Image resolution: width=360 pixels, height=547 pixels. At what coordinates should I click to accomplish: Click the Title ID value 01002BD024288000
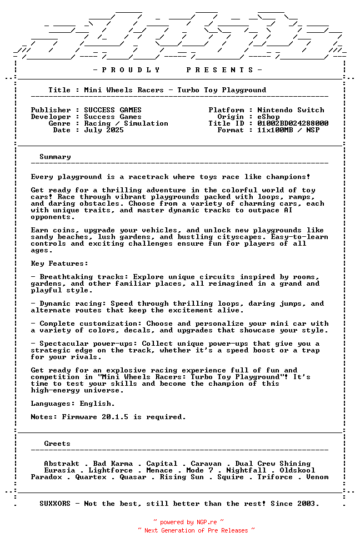coord(293,123)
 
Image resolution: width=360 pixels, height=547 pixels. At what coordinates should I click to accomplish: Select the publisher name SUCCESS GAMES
coord(113,110)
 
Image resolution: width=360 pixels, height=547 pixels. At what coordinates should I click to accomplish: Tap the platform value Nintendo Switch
coord(291,110)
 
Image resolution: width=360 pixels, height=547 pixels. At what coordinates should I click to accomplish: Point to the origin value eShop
coord(268,117)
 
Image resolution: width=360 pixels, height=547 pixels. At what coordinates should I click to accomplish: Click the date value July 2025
coord(104,130)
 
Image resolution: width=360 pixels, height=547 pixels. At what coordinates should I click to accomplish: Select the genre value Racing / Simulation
coord(126,123)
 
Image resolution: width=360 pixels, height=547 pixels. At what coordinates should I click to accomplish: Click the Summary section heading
coord(55,157)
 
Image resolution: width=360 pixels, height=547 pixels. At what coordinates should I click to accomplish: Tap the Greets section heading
coord(57,444)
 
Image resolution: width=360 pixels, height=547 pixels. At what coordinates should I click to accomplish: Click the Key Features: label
coord(59,263)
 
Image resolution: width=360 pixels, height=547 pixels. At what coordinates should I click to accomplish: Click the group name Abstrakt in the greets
coord(64,464)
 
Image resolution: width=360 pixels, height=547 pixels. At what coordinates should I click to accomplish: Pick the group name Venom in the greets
coord(317,477)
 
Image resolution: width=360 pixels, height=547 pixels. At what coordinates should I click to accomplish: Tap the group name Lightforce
coord(111,470)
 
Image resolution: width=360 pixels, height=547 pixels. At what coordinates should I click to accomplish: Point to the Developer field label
coord(51,117)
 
